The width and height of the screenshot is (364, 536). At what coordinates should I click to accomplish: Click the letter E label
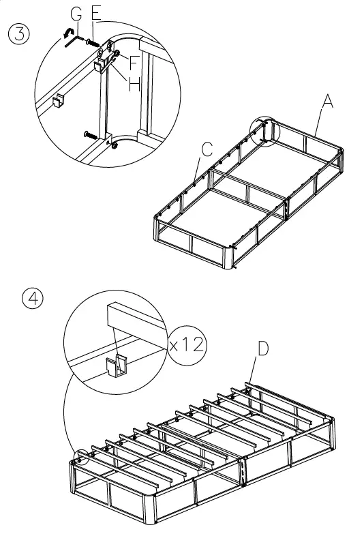[x=95, y=14]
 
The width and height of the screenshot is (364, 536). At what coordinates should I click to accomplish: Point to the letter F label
[x=134, y=63]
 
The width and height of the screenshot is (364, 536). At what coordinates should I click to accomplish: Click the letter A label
[x=327, y=102]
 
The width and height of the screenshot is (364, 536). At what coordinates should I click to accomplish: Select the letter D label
[x=262, y=348]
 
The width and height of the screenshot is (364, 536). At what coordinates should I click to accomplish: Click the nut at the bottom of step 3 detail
[x=116, y=144]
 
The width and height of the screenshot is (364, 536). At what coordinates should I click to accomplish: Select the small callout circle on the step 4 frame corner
[x=81, y=458]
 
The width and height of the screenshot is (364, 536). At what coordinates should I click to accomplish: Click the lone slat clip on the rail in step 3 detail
[x=59, y=101]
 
